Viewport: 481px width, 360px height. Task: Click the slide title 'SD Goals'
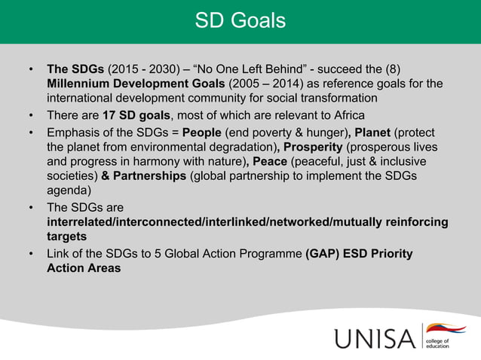pyautogui.click(x=240, y=21)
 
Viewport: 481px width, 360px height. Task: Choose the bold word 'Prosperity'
pyautogui.click(x=311, y=146)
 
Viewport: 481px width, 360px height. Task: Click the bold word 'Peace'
pyautogui.click(x=269, y=162)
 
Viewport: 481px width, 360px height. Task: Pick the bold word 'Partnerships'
pyautogui.click(x=150, y=177)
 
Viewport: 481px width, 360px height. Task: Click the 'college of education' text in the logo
pyautogui.click(x=440, y=344)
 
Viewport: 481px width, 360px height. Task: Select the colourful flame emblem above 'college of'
pyautogui.click(x=446, y=328)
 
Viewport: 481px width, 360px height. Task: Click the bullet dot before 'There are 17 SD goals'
pyautogui.click(x=30, y=115)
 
